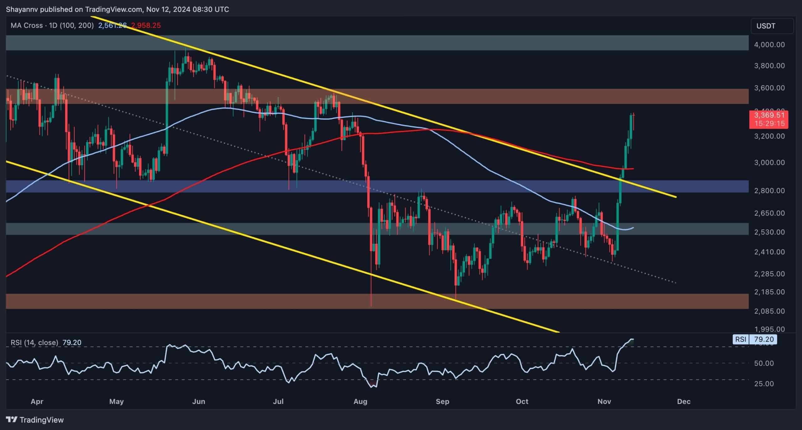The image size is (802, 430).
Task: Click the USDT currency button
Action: (772, 26)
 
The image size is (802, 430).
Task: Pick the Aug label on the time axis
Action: (360, 401)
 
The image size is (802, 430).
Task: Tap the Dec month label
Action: (684, 401)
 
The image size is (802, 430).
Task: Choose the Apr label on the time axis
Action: (37, 401)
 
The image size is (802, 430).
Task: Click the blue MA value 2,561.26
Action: (112, 25)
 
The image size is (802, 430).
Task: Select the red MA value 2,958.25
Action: (146, 25)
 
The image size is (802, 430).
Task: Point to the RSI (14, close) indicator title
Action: (34, 343)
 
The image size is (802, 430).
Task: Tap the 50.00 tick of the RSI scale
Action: (764, 363)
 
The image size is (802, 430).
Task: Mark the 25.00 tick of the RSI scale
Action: (764, 384)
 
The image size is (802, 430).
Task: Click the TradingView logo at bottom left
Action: (35, 420)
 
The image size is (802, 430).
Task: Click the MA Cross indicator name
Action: (27, 25)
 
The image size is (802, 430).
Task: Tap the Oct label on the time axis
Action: (522, 401)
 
